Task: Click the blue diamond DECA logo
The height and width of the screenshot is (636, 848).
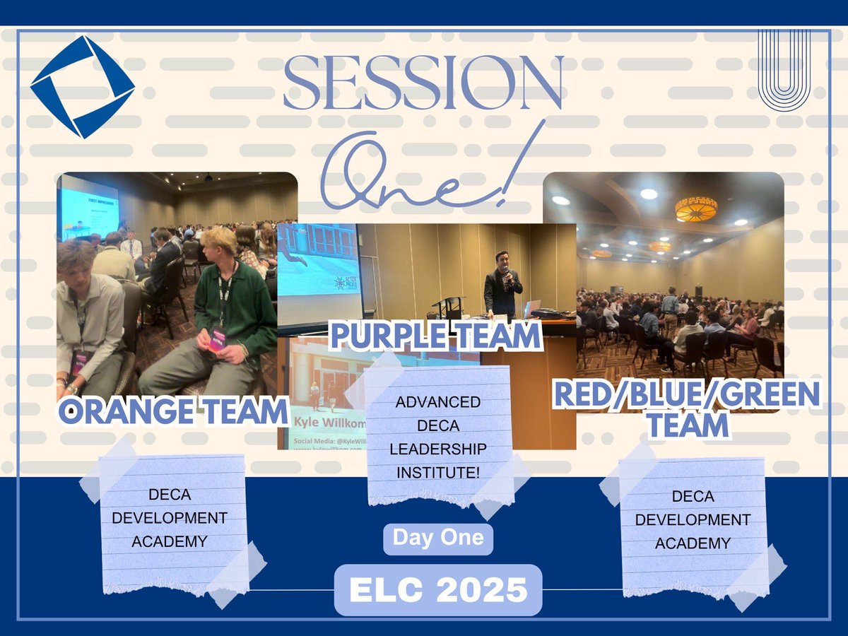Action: (x=82, y=86)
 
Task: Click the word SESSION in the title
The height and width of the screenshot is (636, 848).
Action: (x=423, y=83)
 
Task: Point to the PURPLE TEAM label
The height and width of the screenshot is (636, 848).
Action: (x=435, y=337)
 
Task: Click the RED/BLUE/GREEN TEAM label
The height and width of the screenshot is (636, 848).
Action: (x=686, y=409)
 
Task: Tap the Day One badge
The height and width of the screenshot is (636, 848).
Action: (x=438, y=538)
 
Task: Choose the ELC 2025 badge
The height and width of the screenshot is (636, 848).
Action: (x=438, y=590)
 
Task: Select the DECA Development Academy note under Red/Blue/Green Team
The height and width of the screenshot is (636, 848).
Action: (x=693, y=521)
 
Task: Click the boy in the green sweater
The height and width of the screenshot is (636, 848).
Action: (x=226, y=304)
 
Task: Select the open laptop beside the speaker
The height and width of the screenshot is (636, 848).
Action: (x=531, y=309)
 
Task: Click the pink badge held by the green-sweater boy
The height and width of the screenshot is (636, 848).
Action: (x=218, y=338)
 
